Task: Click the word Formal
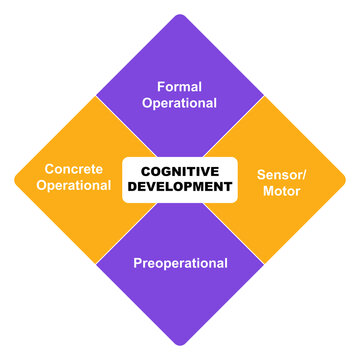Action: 179,85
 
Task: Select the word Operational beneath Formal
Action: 179,102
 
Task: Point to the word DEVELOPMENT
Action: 180,187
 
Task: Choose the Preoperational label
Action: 180,264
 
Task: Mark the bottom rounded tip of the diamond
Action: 180,343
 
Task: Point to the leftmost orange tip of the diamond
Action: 14,178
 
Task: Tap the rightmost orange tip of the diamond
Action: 345,178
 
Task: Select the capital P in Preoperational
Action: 138,264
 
